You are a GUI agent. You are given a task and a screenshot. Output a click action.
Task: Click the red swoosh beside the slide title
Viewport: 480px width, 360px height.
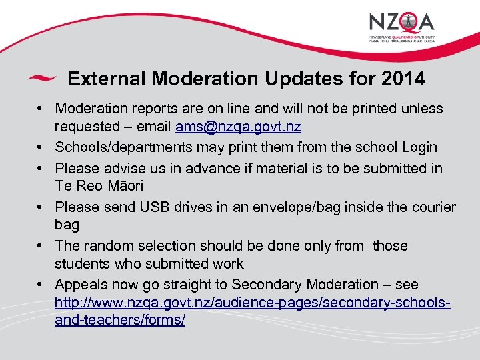[x=41, y=79]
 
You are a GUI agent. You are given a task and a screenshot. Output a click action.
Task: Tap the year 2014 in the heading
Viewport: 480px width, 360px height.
[x=403, y=79]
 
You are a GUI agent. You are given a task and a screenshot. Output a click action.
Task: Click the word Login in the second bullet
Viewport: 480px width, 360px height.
[x=417, y=147]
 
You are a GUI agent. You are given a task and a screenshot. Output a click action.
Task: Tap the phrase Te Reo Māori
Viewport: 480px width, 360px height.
[x=99, y=186]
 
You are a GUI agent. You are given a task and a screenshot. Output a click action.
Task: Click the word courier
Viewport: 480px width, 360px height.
[x=432, y=207]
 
